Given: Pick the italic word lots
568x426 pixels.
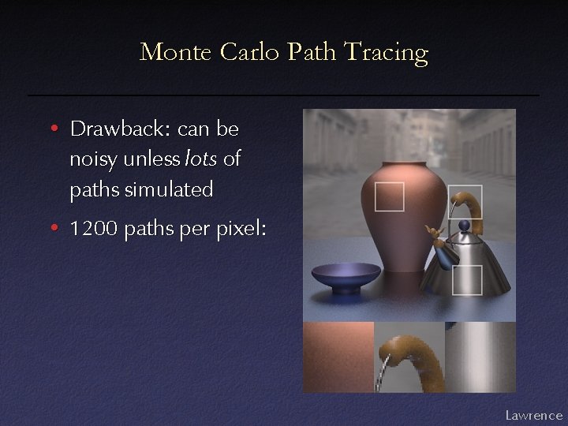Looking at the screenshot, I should pos(202,159).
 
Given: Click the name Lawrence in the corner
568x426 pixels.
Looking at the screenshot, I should pos(533,414).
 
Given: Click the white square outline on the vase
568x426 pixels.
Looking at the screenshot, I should pos(389,196).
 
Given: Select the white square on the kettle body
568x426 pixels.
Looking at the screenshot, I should pos(467,279).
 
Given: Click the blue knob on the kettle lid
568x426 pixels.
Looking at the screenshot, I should pos(462,227).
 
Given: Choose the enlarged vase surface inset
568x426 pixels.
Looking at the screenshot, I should pos(338,357).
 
